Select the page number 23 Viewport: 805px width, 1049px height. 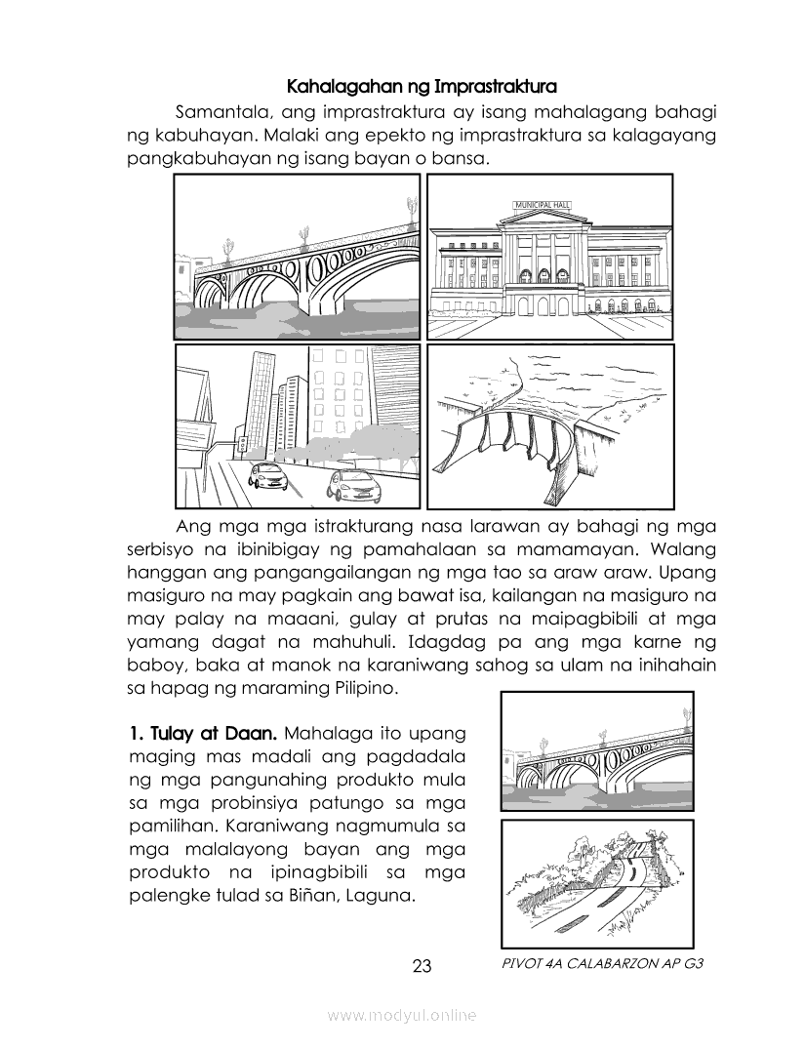pyautogui.click(x=422, y=966)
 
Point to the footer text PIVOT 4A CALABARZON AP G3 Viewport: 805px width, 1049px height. pyautogui.click(x=600, y=963)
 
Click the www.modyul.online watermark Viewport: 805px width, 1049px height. pyautogui.click(x=402, y=1015)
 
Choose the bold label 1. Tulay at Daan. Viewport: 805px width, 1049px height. pyautogui.click(x=204, y=731)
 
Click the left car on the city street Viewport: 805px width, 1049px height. pyautogui.click(x=267, y=476)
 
